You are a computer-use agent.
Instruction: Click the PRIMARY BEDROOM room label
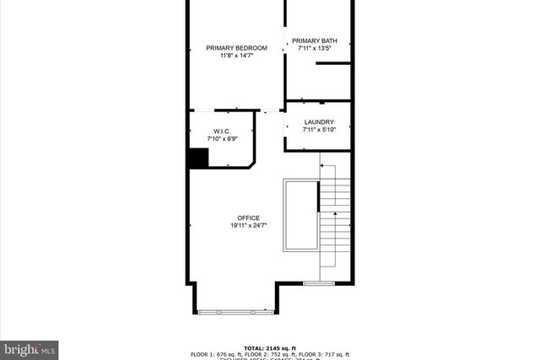pyautogui.click(x=236, y=48)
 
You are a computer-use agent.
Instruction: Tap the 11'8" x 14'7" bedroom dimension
pyautogui.click(x=236, y=56)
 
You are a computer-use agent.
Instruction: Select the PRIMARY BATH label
pyautogui.click(x=315, y=40)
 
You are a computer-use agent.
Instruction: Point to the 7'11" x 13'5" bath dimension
pyautogui.click(x=315, y=48)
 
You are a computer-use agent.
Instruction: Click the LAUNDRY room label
pyautogui.click(x=318, y=121)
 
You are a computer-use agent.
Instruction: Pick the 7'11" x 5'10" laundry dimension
pyautogui.click(x=318, y=130)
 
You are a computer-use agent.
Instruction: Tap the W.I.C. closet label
pyautogui.click(x=222, y=131)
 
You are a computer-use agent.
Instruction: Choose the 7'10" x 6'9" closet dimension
pyautogui.click(x=222, y=139)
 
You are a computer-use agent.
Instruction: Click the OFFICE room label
pyautogui.click(x=248, y=218)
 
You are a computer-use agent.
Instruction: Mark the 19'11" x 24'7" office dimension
pyautogui.click(x=248, y=226)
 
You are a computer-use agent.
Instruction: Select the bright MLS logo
pyautogui.click(x=30, y=347)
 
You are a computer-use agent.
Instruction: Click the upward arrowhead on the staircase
pyautogui.click(x=335, y=216)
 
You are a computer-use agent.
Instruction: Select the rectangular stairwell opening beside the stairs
pyautogui.click(x=301, y=215)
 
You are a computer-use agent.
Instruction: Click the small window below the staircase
pyautogui.click(x=314, y=282)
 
